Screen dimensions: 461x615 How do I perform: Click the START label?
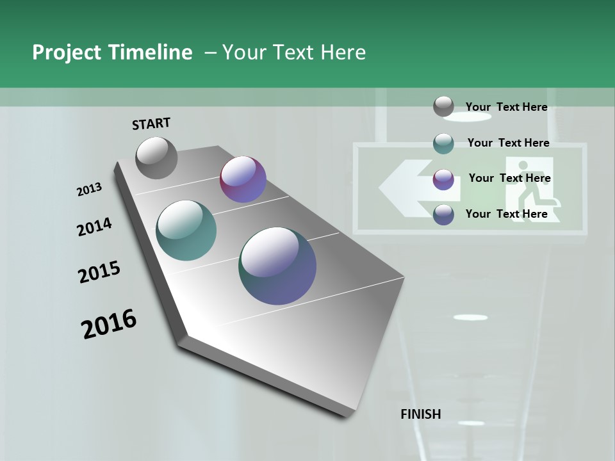pos(151,123)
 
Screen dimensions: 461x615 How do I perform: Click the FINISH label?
pos(420,414)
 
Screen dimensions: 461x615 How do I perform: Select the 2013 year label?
pos(90,190)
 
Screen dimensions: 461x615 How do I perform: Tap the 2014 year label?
pos(94,227)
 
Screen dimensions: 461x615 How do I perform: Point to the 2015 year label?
pos(99,272)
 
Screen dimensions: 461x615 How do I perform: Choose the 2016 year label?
pos(109,324)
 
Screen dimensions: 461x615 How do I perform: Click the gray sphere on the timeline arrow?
pos(156,158)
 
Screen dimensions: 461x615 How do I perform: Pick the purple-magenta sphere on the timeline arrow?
pos(243,179)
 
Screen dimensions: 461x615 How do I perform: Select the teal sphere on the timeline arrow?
pos(186,230)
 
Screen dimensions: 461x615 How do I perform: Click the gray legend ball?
pos(443,106)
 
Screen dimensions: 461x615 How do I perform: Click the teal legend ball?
pos(443,143)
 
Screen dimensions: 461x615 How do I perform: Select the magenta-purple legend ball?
pos(443,179)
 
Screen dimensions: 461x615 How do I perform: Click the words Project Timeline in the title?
pos(112,53)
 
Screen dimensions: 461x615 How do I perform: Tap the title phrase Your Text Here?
pos(294,53)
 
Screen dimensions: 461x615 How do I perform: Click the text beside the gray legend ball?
pos(506,107)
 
